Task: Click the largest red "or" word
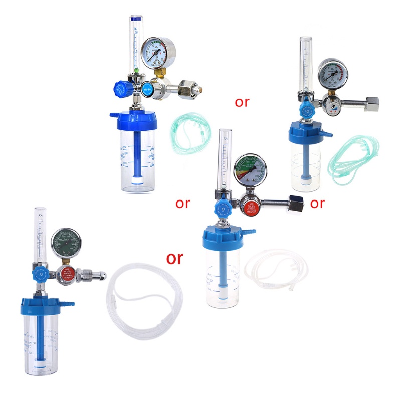(174, 258)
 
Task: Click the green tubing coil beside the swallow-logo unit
(352, 156)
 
